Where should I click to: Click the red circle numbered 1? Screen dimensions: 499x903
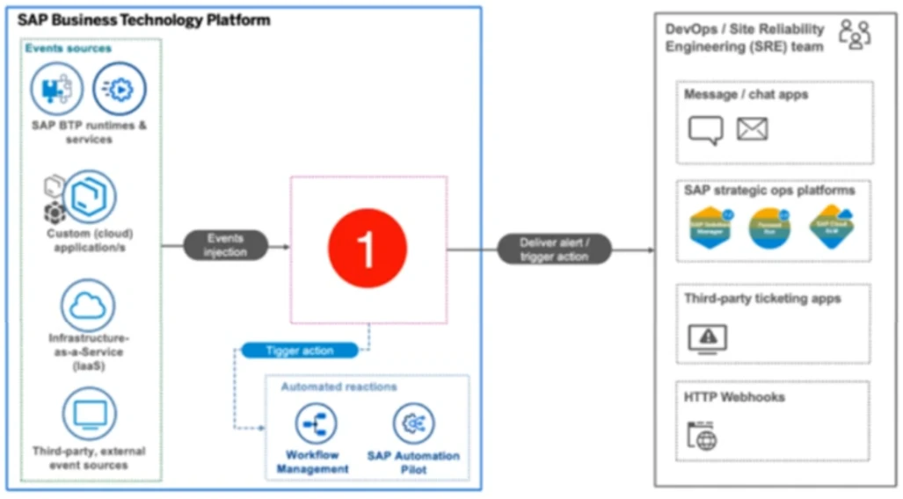point(368,248)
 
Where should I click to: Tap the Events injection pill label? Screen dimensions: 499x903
point(225,245)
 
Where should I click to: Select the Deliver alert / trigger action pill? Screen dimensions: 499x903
point(554,249)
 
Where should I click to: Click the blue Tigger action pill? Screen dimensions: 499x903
point(300,351)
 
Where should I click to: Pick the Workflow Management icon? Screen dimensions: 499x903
point(316,424)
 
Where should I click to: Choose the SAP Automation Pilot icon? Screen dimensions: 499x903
point(413,424)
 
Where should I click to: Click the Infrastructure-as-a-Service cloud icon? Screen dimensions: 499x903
point(88,306)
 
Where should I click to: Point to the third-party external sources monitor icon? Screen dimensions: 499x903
point(89,414)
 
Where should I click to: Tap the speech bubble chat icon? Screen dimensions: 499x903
point(705,130)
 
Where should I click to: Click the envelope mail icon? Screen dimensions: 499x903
point(752,130)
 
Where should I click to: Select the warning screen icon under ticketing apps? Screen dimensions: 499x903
point(707,337)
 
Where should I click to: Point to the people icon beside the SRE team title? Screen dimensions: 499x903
point(854,34)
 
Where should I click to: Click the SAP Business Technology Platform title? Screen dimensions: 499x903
point(144,20)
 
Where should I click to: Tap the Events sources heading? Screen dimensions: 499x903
point(69,48)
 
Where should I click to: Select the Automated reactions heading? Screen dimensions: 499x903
point(339,387)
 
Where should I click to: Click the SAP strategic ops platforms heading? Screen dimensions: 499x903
point(769,190)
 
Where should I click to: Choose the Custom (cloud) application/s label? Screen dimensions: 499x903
point(90,240)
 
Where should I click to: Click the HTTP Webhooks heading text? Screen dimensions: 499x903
point(734,397)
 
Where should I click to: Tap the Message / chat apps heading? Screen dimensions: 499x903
point(746,94)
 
